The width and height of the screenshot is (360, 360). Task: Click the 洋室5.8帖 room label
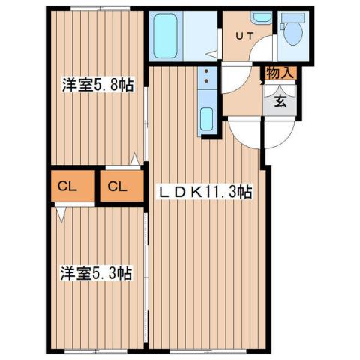(97, 85)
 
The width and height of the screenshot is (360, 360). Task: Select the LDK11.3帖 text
(203, 193)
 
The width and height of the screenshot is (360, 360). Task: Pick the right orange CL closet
(119, 187)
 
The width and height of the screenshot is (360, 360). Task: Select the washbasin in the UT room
(260, 17)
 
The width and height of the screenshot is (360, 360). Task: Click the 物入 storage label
(278, 73)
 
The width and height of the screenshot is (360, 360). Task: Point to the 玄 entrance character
(279, 102)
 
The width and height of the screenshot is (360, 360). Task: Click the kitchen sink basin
(207, 119)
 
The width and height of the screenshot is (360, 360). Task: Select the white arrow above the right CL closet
(134, 159)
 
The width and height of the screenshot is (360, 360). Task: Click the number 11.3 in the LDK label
(226, 193)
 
